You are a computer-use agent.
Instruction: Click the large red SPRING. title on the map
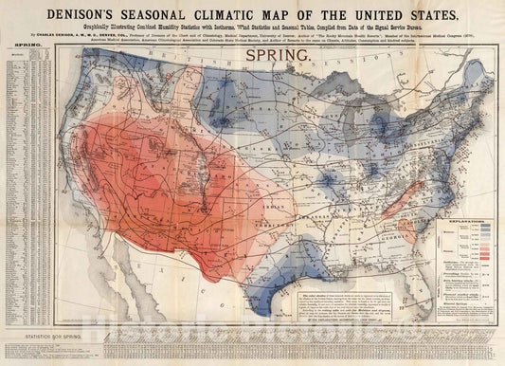(279, 57)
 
